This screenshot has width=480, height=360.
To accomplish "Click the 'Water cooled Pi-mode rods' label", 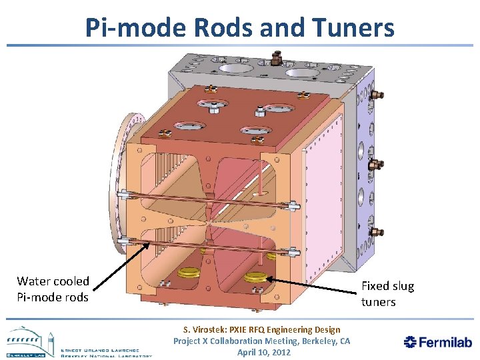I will (53, 289).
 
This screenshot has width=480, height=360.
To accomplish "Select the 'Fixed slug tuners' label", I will (387, 294).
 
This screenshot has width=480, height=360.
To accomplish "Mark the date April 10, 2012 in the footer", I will (264, 352).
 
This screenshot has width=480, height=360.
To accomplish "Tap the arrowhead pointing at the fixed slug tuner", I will (271, 280).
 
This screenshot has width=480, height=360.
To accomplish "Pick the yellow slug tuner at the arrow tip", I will (255, 277).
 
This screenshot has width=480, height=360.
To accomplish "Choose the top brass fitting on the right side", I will (375, 95).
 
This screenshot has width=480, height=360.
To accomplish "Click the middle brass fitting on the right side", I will (375, 164).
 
